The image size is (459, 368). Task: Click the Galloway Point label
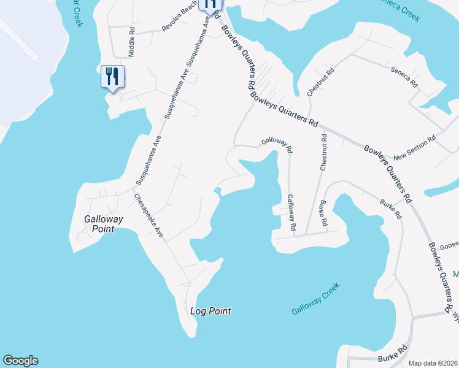(x=104, y=224)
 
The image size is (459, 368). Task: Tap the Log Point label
(x=210, y=311)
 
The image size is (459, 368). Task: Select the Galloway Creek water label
(x=315, y=300)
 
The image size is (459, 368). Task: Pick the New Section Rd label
(x=414, y=148)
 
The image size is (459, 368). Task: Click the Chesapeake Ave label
(x=149, y=217)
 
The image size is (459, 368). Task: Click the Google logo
(x=20, y=361)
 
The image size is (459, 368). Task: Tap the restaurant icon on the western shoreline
(x=112, y=77)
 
